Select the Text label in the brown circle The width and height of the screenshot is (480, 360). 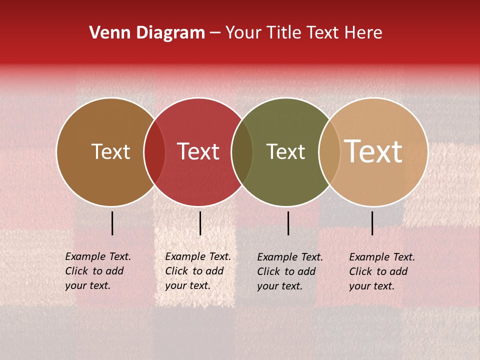tap(110, 152)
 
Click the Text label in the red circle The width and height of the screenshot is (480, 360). tap(198, 152)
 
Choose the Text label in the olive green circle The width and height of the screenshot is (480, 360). tap(285, 152)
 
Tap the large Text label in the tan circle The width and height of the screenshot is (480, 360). tap(373, 151)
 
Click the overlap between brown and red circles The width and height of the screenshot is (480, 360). tap(154, 152)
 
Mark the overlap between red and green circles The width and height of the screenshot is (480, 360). tap(242, 152)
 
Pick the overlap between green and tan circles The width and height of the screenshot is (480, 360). tap(329, 152)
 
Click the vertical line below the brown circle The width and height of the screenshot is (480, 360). tap(112, 223)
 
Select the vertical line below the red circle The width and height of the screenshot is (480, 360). tap(200, 223)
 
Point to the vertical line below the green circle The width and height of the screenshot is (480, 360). tap(288, 223)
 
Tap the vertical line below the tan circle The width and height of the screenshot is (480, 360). tap(372, 223)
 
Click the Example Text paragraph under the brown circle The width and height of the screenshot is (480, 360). tap(97, 271)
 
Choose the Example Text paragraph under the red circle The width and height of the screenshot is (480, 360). tap(197, 271)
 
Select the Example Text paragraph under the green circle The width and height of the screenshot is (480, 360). tap(289, 271)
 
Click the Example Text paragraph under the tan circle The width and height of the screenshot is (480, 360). tap(381, 271)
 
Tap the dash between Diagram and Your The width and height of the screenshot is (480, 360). tap(215, 33)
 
